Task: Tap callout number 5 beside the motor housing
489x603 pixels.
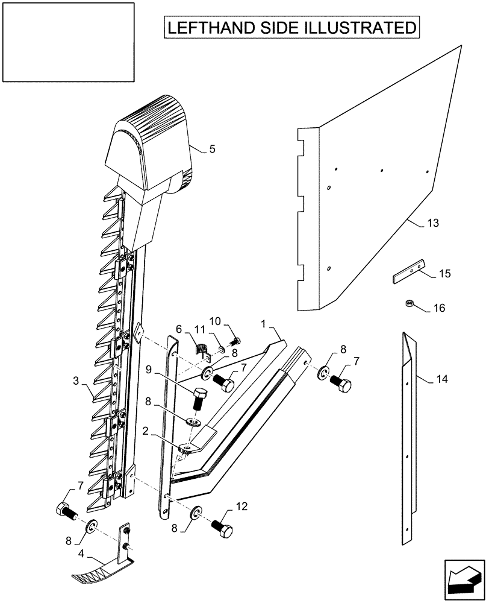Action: point(212,149)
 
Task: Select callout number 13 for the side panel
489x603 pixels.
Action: point(432,223)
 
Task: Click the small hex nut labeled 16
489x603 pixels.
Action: point(409,303)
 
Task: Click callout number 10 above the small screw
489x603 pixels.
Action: point(216,320)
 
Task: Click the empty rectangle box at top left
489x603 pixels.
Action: point(67,42)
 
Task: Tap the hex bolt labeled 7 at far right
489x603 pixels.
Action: point(340,384)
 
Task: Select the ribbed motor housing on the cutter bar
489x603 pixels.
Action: point(151,145)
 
